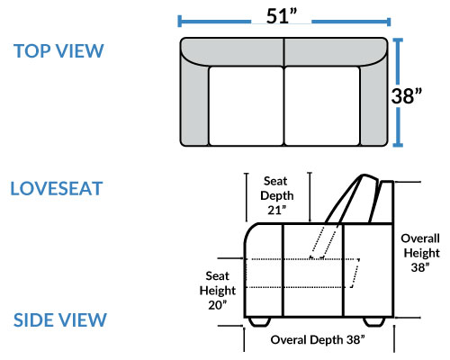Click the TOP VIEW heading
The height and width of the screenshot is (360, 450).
tap(58, 51)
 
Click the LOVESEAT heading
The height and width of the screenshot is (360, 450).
tap(57, 188)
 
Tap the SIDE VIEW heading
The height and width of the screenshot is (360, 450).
tap(60, 319)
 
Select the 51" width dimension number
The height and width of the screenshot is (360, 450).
tap(282, 16)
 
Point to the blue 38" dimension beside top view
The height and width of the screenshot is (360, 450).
tap(407, 96)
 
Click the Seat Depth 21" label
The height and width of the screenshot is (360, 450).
tap(276, 195)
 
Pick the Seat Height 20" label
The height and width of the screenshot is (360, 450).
tap(218, 291)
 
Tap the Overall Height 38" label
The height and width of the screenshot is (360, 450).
tap(420, 253)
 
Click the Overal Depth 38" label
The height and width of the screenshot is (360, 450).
tap(318, 340)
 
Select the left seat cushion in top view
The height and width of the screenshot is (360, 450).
tap(246, 106)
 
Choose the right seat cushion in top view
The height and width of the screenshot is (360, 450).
tap(322, 106)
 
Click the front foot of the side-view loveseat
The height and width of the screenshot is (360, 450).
tap(259, 321)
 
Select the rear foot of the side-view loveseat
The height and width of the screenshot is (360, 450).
tap(374, 321)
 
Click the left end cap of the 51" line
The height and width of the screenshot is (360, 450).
tap(179, 22)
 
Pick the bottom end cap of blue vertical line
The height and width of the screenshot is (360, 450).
tap(398, 146)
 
